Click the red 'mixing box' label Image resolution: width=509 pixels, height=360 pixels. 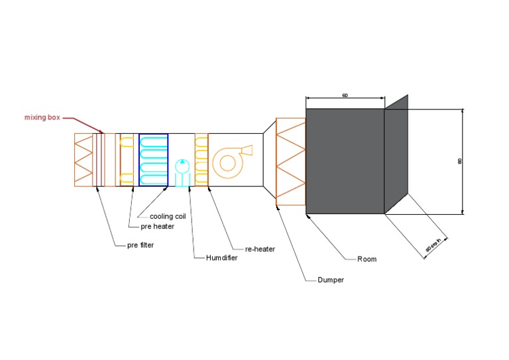point(41,117)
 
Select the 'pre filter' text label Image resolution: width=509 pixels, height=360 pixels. point(140,245)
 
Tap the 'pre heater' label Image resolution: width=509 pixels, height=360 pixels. point(155,226)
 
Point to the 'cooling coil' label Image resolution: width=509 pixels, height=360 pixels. point(166,216)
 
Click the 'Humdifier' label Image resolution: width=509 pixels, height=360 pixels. point(221,257)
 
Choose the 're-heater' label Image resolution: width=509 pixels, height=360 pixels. point(260,249)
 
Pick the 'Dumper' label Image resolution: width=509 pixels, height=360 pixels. point(330,280)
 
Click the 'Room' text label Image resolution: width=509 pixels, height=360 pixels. point(367,259)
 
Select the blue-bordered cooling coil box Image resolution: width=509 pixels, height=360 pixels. point(153,160)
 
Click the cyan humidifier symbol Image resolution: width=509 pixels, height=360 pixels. point(182,170)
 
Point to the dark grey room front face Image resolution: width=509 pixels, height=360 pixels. point(345,160)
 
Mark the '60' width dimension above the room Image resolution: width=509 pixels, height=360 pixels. point(345,96)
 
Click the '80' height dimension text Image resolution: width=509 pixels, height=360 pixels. point(459,160)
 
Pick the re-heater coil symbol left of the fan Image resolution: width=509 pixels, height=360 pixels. point(201,160)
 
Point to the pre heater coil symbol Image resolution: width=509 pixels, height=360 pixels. point(126,160)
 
